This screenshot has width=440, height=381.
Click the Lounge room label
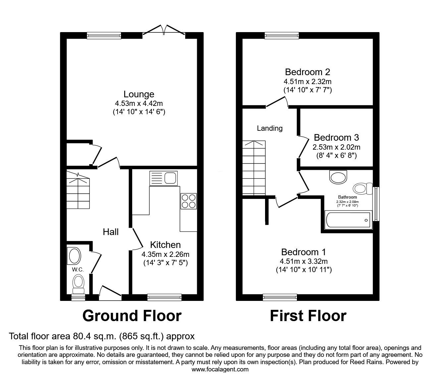coord(139,94)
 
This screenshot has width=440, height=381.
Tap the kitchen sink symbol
coord(163,178)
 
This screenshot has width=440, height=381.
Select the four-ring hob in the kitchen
coord(189,201)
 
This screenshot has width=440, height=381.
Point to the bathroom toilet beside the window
coord(363,189)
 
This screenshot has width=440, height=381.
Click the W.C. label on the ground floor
coord(78,269)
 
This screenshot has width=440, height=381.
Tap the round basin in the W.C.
coord(74,256)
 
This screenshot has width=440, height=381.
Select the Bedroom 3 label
coord(336,137)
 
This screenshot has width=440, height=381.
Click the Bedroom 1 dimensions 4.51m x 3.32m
coord(303,261)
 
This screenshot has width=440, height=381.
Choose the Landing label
coord(270,128)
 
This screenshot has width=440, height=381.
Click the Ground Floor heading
coord(132,316)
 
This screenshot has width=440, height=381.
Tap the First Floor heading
coord(308,316)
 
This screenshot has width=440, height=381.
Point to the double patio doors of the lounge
coord(164,30)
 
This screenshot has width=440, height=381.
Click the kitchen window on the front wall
coord(164,298)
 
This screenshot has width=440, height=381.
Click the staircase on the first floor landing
coord(254,167)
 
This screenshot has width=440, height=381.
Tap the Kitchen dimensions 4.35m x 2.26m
coord(165,255)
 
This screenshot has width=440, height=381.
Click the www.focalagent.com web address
coord(220,369)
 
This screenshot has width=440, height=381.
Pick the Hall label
coord(111,232)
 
